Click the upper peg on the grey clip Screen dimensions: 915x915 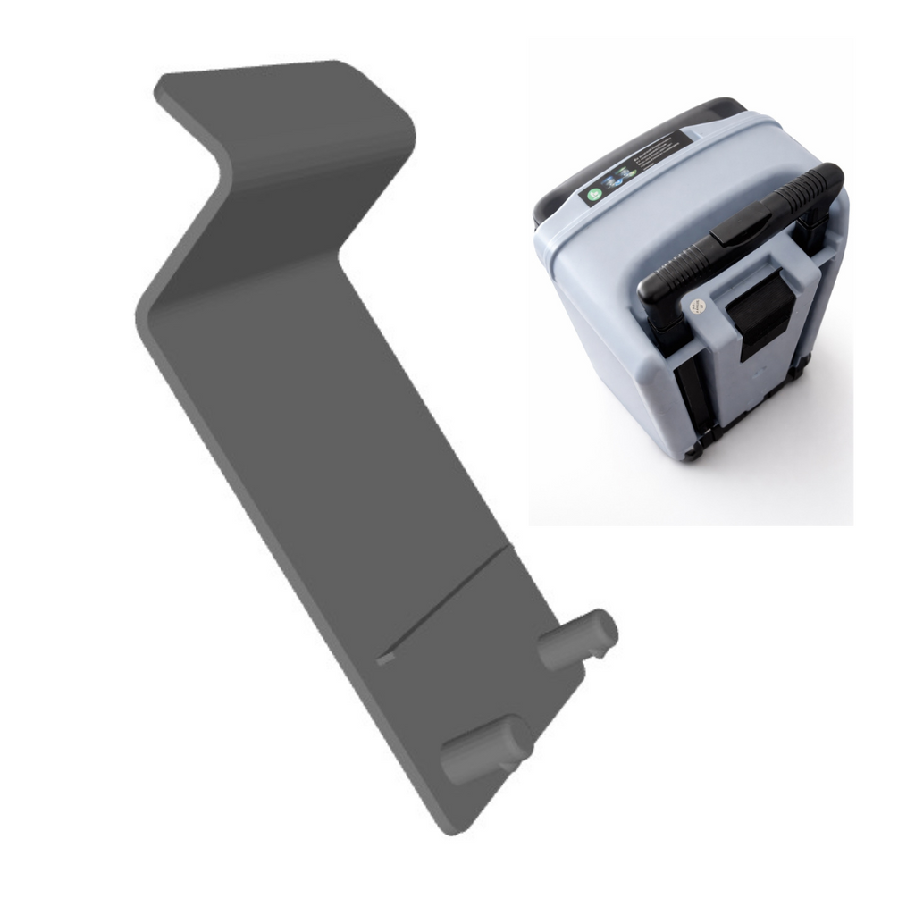coord(576,642)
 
